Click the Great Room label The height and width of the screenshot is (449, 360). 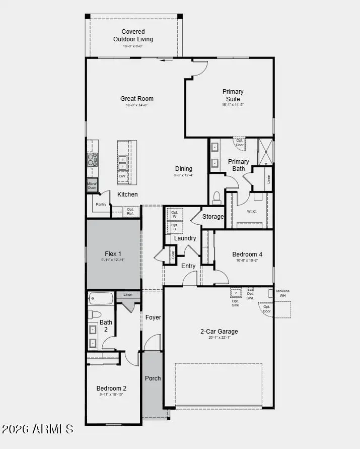[136, 99]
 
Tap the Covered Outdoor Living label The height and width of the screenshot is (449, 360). [133, 35]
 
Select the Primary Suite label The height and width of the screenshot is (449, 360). [233, 95]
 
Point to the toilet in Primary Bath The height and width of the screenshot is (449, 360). [217, 197]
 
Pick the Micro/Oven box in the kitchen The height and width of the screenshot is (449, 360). [92, 185]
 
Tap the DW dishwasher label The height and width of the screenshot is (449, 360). [122, 176]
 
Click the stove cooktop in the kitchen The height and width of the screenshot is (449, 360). [92, 160]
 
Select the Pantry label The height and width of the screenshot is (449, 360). [101, 204]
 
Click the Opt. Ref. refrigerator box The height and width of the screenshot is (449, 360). [130, 211]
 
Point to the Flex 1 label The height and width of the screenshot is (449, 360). [113, 254]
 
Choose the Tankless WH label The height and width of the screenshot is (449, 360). [282, 293]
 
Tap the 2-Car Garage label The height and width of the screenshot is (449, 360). [219, 332]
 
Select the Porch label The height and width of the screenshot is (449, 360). [153, 378]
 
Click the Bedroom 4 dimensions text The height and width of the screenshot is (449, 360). [247, 261]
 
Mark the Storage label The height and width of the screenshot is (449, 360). [213, 217]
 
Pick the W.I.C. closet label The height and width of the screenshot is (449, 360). [252, 211]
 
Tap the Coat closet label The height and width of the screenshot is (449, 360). [173, 255]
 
